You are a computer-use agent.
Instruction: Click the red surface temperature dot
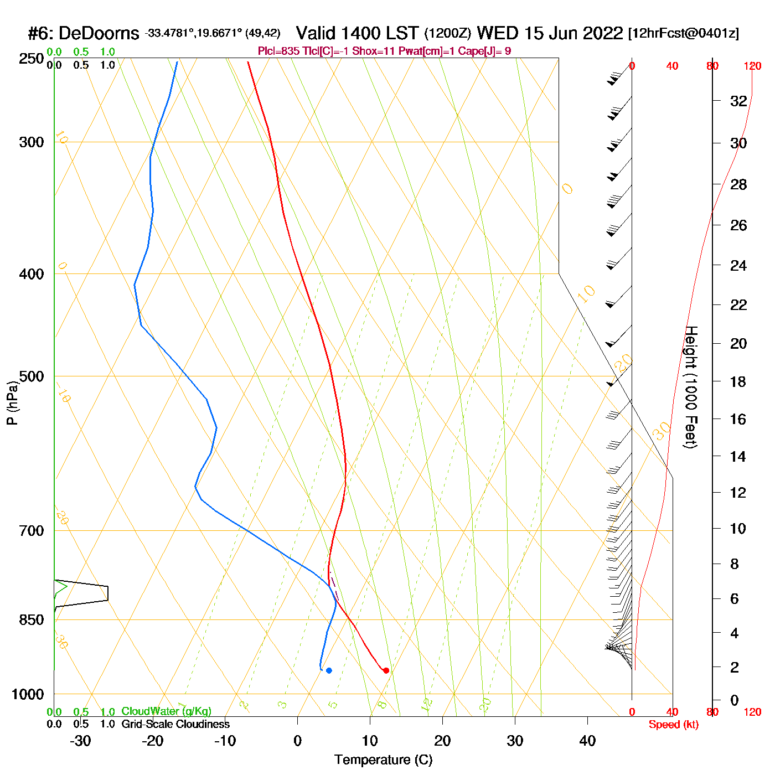point(386,670)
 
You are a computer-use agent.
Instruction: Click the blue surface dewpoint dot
point(329,670)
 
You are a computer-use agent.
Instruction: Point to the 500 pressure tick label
point(32,376)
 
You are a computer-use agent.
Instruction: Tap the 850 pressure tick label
point(32,620)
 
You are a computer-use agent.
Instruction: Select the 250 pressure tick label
point(32,59)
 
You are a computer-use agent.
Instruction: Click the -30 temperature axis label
point(80,741)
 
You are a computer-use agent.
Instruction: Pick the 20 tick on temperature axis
point(442,741)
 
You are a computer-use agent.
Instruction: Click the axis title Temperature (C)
point(383,760)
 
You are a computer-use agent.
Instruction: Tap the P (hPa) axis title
point(12,402)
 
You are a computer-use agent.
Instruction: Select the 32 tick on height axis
point(738,101)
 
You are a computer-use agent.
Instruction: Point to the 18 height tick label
point(738,381)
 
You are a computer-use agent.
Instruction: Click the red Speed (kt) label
point(673,725)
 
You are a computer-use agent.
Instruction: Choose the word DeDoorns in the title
point(99,34)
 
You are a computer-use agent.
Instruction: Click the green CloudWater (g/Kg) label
point(166,711)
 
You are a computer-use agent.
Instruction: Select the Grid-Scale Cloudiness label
point(175,724)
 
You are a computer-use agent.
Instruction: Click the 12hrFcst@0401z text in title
point(684,33)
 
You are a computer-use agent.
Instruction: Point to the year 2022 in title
point(602,33)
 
